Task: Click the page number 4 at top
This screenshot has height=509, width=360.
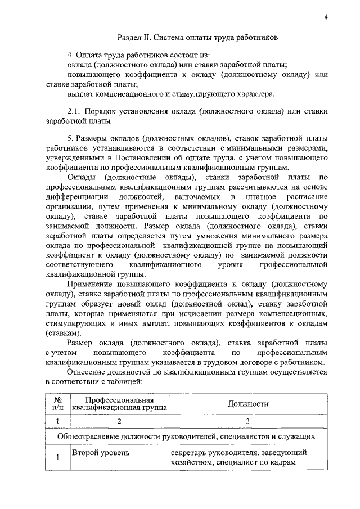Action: (x=327, y=16)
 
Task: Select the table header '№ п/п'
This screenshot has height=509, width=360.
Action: (x=56, y=404)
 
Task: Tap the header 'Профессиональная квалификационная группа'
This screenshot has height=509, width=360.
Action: (x=119, y=404)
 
